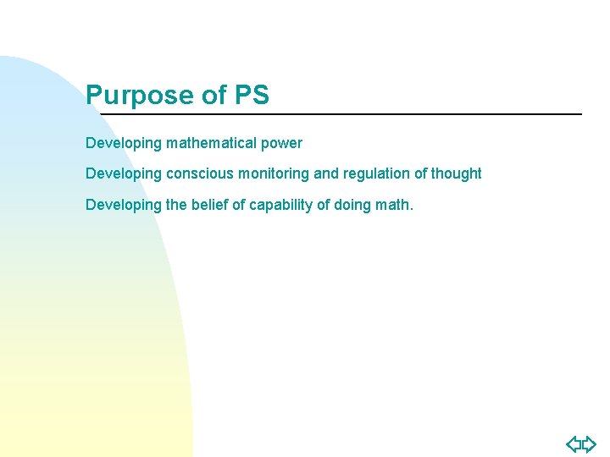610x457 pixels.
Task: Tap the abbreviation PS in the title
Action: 252,95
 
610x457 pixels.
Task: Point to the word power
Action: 284,143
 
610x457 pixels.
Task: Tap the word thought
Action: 457,173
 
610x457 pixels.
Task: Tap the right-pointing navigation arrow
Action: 589,443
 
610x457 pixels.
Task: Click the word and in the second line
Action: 326,173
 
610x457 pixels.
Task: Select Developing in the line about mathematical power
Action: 124,143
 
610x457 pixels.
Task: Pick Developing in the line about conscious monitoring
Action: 124,173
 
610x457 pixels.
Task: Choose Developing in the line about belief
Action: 124,204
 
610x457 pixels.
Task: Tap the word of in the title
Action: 213,96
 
